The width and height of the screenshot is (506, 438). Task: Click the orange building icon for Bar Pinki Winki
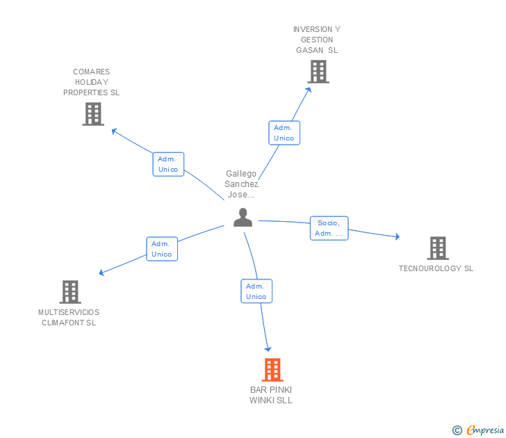[x=272, y=370]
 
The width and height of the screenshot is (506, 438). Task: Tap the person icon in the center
[x=243, y=217]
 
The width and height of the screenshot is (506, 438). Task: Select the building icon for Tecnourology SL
[x=438, y=248]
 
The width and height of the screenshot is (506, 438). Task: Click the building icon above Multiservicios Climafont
[x=70, y=292]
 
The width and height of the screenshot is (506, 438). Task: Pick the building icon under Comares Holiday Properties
[x=93, y=113]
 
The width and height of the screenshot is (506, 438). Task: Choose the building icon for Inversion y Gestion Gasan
[x=318, y=72]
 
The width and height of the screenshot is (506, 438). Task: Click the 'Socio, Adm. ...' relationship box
[x=329, y=228]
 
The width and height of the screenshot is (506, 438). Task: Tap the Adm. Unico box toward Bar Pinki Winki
[x=256, y=291]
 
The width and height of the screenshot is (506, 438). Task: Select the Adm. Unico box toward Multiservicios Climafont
[x=162, y=249]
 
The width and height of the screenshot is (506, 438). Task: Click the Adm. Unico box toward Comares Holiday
[x=168, y=164]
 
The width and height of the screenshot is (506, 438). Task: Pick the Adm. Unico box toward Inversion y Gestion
[x=284, y=133]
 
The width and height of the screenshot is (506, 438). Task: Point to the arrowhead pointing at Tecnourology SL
[x=398, y=236]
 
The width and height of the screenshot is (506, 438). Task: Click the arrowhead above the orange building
[x=268, y=349]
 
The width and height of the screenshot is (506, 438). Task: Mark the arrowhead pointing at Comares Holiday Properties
[x=114, y=131]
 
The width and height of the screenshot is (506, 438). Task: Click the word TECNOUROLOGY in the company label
[x=430, y=268]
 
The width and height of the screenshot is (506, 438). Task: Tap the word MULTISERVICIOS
[x=69, y=312]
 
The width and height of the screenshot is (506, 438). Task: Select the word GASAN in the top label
[x=309, y=50]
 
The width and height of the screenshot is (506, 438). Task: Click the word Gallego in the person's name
[x=241, y=174]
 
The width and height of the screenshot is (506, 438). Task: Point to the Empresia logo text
[x=484, y=430]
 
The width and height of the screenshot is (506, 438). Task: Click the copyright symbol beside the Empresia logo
[x=457, y=430]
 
